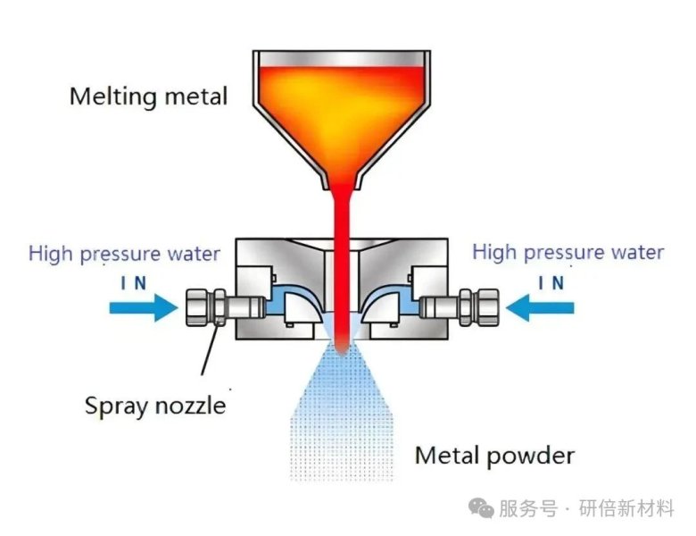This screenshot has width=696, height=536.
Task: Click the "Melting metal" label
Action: click(148, 96)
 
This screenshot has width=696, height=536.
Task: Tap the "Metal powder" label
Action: click(494, 456)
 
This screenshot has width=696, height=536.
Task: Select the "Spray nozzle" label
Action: click(155, 406)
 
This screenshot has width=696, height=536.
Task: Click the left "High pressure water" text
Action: click(124, 254)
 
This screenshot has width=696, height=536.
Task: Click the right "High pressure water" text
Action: click(568, 252)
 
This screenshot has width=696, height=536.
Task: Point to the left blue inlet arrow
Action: click(144, 308)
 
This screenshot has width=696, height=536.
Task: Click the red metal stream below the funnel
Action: click(342, 259)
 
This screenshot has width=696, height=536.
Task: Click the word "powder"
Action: click(530, 456)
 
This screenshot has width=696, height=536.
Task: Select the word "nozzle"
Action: click(189, 406)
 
